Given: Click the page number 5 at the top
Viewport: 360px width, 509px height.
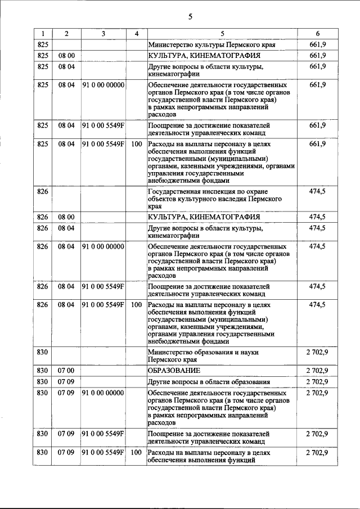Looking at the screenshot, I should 190,16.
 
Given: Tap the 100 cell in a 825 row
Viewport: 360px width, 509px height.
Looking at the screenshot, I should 136,144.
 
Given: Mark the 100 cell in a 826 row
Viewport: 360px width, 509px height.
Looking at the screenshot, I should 136,305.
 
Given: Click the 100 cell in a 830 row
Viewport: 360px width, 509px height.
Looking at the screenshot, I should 136,452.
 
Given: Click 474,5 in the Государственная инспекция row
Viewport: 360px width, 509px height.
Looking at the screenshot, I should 317,191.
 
